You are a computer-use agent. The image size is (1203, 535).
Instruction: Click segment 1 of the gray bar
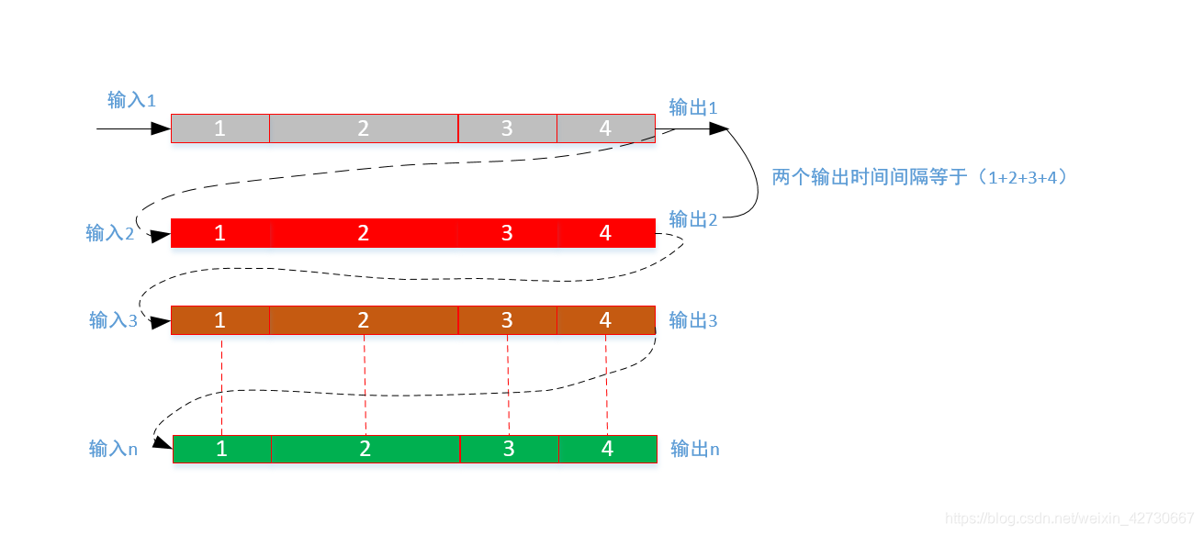[x=220, y=128]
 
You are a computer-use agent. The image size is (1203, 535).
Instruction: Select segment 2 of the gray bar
[x=364, y=128]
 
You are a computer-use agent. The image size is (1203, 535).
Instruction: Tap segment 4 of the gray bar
[x=605, y=128]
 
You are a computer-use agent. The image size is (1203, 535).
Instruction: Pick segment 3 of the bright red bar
[x=507, y=233]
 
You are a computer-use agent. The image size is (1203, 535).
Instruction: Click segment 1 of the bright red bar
[x=220, y=233]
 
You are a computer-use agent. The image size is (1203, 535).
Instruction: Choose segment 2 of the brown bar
[x=364, y=319]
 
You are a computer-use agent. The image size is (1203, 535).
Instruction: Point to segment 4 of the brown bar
[x=605, y=319]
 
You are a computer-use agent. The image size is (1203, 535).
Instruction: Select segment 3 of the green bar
[x=509, y=449]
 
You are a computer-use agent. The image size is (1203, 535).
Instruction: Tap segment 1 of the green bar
[x=222, y=449]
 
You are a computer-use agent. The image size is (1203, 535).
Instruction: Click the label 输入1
[x=132, y=100]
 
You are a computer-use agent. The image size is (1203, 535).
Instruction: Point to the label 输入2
[x=110, y=233]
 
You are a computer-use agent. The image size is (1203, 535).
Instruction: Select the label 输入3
[x=113, y=320]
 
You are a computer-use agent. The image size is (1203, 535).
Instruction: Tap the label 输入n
[x=113, y=449]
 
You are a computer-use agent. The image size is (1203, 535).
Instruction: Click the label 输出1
[x=693, y=108]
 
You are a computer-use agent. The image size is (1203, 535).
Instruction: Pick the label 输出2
[x=693, y=219]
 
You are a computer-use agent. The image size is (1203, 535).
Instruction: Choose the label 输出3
[x=693, y=320]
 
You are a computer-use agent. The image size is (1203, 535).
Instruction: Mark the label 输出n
[x=695, y=449]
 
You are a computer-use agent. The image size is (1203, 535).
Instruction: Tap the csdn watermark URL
[x=1070, y=519]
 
